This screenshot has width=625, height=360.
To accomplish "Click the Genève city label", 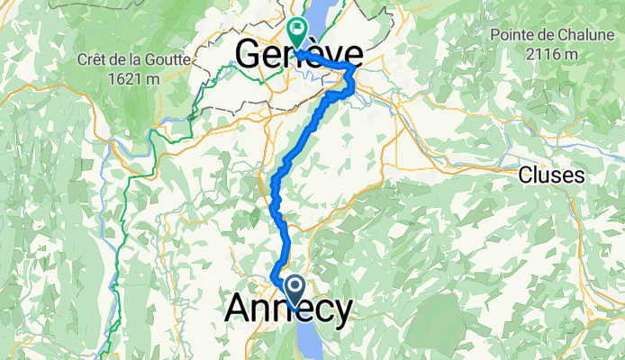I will [299, 54].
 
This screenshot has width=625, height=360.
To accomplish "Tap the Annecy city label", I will [288, 309].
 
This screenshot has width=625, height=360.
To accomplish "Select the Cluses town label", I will [551, 175].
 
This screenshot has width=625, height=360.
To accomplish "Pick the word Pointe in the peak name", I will [514, 34].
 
